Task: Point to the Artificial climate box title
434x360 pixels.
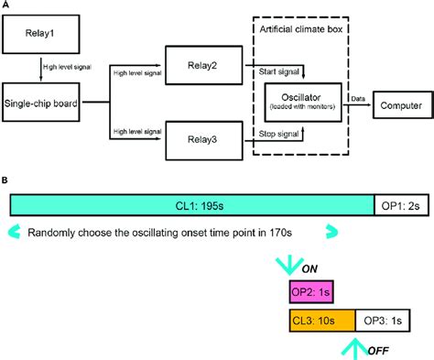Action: pos(309,30)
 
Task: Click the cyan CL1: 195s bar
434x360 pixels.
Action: pos(192,205)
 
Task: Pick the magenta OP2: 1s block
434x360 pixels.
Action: pos(310,290)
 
